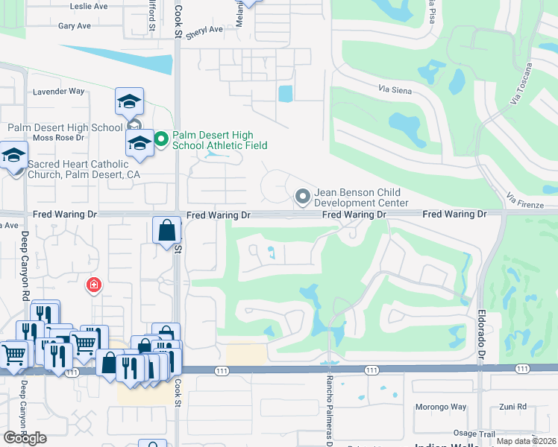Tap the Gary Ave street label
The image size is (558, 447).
point(75,25)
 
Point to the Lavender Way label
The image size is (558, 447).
point(59,92)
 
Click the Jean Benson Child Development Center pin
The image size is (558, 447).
point(302,197)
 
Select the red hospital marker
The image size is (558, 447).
point(94,285)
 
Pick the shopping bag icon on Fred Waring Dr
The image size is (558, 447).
point(166,230)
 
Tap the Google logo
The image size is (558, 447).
point(25,437)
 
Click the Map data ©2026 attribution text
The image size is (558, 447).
point(525,441)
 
